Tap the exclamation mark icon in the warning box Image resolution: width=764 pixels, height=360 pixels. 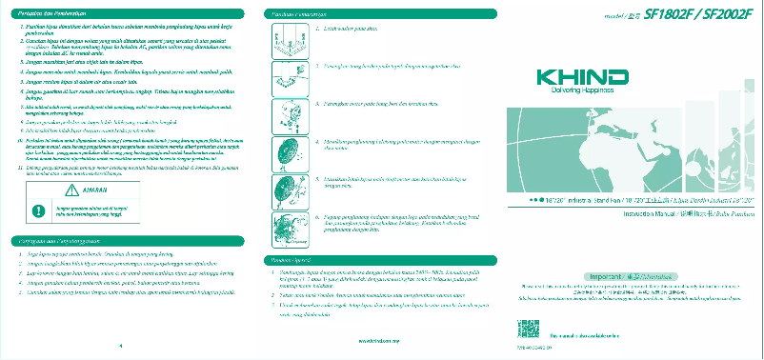38,210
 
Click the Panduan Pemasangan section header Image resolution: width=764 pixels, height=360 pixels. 299,14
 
